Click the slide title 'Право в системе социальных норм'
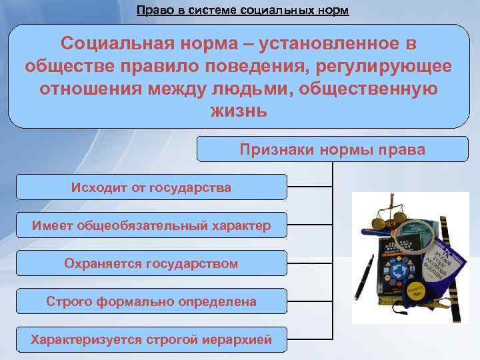pyautogui.click(x=242, y=11)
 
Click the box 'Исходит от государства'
pyautogui.click(x=151, y=187)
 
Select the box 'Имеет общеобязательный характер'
pyautogui.click(x=151, y=225)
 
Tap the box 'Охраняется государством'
pyautogui.click(x=151, y=263)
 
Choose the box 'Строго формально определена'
pyautogui.click(x=151, y=301)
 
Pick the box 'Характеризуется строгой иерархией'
pyautogui.click(x=151, y=339)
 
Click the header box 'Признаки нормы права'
pyautogui.click(x=332, y=150)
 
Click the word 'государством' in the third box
pyautogui.click(x=197, y=263)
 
